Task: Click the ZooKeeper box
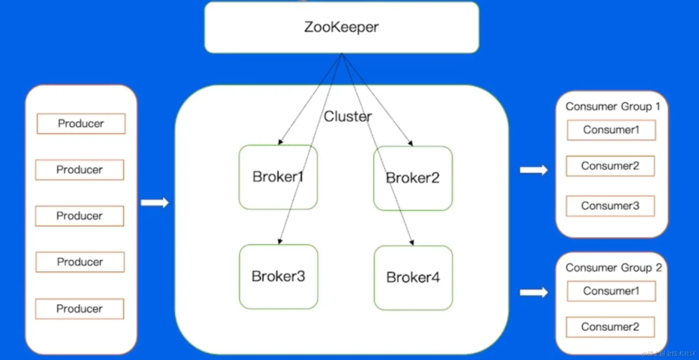pyautogui.click(x=341, y=27)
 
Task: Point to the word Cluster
pyautogui.click(x=348, y=116)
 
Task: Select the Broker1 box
pyautogui.click(x=278, y=177)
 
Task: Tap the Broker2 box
pyautogui.click(x=413, y=178)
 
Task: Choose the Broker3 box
pyautogui.click(x=278, y=276)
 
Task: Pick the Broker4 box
pyautogui.click(x=413, y=277)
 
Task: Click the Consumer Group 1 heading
pyautogui.click(x=613, y=107)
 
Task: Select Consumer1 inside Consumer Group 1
pyautogui.click(x=611, y=130)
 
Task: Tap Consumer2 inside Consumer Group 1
pyautogui.click(x=610, y=166)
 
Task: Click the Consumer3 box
pyautogui.click(x=610, y=206)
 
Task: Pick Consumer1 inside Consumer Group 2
pyautogui.click(x=611, y=291)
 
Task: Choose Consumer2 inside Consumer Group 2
pyautogui.click(x=610, y=327)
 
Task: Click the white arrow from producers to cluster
pyautogui.click(x=155, y=202)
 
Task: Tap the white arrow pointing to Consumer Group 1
pyautogui.click(x=534, y=170)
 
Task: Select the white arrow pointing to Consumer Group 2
pyautogui.click(x=534, y=292)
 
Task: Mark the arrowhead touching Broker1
pyautogui.click(x=280, y=142)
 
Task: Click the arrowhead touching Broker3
pyautogui.click(x=280, y=241)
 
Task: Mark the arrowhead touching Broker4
pyautogui.click(x=412, y=243)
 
